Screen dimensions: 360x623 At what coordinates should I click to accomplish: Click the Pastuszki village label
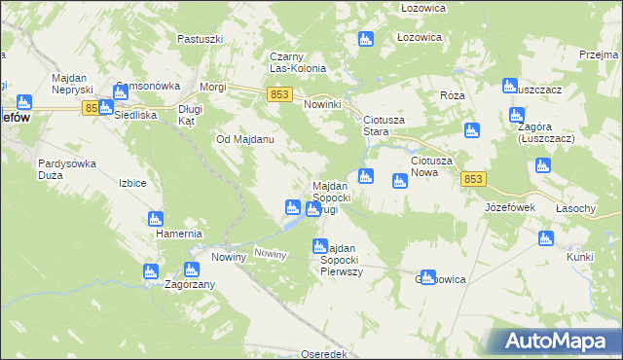[x=202, y=39]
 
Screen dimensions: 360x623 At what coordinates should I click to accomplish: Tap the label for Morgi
[x=212, y=87]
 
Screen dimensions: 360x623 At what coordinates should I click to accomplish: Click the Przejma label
[x=599, y=55]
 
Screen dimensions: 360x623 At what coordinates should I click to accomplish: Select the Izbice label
[x=132, y=183]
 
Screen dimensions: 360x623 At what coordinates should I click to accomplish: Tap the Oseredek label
[x=324, y=354]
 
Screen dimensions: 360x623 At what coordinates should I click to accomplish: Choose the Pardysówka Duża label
[x=66, y=169]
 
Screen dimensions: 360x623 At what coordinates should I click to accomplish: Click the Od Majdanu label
[x=244, y=139]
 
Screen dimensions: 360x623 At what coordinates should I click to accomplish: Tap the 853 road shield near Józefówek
[x=474, y=179]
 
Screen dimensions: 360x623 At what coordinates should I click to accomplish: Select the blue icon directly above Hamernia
[x=154, y=219]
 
